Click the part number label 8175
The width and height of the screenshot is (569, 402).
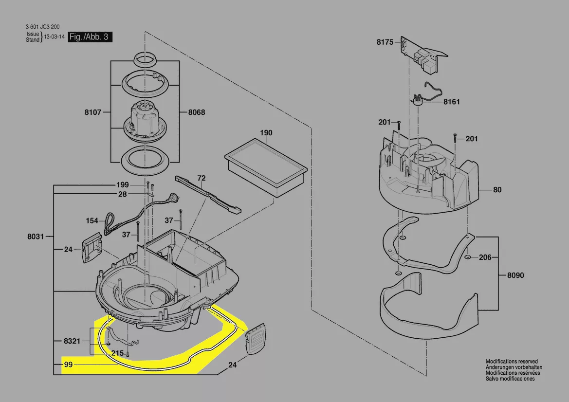point(385,42)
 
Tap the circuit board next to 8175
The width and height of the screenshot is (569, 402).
point(423,55)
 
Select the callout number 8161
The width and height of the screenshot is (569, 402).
point(451,102)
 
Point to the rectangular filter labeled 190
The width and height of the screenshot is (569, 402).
point(266,167)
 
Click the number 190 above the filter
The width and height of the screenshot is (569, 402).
point(266,133)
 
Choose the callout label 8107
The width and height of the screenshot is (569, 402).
point(93,112)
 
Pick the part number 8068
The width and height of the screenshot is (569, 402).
point(197,112)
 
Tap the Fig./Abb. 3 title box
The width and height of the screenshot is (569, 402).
point(90,37)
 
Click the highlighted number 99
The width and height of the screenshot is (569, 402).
point(68,364)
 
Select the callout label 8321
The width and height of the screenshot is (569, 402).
point(72,341)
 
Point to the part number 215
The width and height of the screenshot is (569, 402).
point(117,353)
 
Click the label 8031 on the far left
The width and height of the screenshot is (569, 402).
point(36,237)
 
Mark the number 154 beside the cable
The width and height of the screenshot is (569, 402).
point(92,220)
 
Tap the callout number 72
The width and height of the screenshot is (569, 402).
point(202,178)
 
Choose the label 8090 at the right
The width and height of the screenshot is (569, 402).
point(515,275)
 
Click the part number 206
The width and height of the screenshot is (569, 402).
point(485,257)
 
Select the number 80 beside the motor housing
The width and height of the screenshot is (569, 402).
point(497,190)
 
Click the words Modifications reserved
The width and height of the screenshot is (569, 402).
point(512,362)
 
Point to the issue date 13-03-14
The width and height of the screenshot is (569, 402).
point(55,37)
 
